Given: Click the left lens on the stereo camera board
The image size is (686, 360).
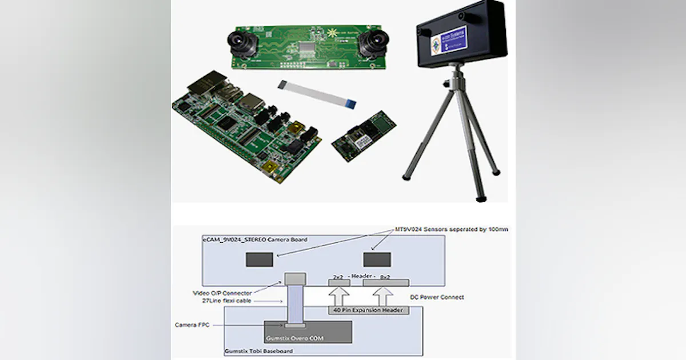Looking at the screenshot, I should click(238, 40).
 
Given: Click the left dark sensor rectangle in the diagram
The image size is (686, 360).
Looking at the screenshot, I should click(259, 259).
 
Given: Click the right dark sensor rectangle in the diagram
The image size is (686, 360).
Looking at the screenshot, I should click(377, 259).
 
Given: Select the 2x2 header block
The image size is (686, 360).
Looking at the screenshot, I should click(338, 283).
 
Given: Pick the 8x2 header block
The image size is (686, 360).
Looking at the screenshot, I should click(385, 283).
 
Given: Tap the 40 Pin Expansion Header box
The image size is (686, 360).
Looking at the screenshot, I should click(367, 310).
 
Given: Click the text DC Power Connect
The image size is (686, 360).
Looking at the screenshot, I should click(437, 297).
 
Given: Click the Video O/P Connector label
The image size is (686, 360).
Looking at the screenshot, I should click(222, 293).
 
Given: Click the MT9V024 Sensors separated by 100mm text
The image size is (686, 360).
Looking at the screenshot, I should click(452, 229).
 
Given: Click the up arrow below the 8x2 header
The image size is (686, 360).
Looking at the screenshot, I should click(385, 297).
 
